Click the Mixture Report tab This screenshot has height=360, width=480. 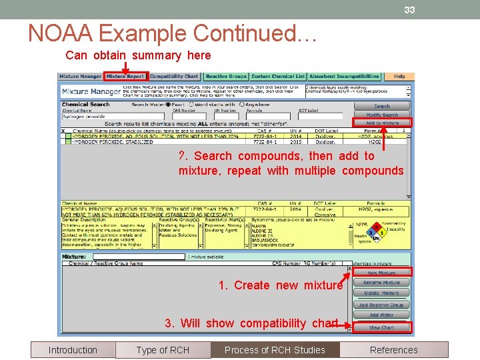pos(125,77)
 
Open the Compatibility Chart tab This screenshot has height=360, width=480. pos(174,77)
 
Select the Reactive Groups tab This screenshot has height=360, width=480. pos(226,77)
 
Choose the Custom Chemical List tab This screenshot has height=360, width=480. pos(278,77)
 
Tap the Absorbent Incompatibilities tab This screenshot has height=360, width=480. pos(344,77)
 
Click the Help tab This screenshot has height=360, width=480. pos(399,77)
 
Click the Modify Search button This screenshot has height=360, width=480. pos(381,115)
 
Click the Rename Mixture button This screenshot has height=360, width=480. pos(381,283)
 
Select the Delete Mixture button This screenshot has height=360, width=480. pos(381,293)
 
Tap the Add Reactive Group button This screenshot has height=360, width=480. pos(381,305)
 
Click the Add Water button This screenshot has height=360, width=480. pos(381,315)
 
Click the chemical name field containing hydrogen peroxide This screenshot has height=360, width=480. pos(93,117)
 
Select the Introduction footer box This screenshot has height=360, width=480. pos(73,350)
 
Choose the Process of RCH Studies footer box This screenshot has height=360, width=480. pos(275,350)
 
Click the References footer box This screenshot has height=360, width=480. pos(394,350)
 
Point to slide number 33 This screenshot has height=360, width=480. pos(409,10)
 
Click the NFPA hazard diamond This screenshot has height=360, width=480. pos(377,234)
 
